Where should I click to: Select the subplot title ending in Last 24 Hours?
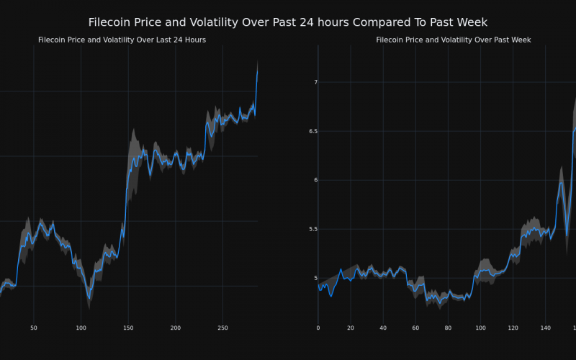pyautogui.click(x=122, y=40)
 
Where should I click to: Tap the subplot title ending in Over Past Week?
pyautogui.click(x=453, y=40)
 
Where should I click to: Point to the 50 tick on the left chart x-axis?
pyautogui.click(x=34, y=328)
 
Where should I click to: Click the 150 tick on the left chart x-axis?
pyautogui.click(x=128, y=328)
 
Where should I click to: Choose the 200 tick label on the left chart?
pyautogui.click(x=176, y=328)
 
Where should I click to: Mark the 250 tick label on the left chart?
pyautogui.click(x=222, y=328)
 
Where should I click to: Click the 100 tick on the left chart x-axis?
pyautogui.click(x=81, y=328)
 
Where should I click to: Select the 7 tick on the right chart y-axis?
pyautogui.click(x=315, y=83)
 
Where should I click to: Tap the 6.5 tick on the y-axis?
pyautogui.click(x=311, y=131)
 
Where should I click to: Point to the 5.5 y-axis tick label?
pyautogui.click(x=311, y=229)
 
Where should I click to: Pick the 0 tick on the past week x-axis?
pyautogui.click(x=318, y=328)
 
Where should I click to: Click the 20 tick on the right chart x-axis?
pyautogui.click(x=351, y=328)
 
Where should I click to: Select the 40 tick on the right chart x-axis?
pyautogui.click(x=383, y=328)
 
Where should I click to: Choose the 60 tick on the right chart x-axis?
pyautogui.click(x=415, y=328)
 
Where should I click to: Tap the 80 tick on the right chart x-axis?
pyautogui.click(x=448, y=328)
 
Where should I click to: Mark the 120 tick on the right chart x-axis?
pyautogui.click(x=513, y=328)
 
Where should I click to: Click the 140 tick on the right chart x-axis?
pyautogui.click(x=545, y=328)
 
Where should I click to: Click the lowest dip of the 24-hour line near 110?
pyautogui.click(x=89, y=298)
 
